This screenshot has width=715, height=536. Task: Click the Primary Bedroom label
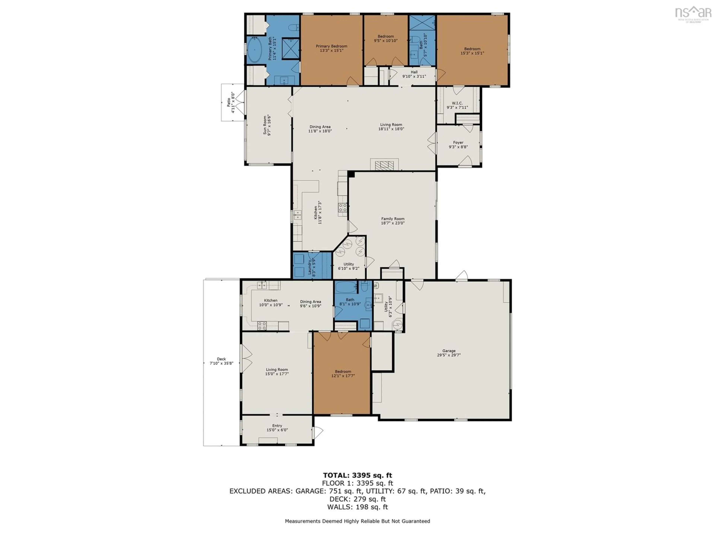click(x=331, y=48)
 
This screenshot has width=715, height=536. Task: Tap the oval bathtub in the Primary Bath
click(x=255, y=50)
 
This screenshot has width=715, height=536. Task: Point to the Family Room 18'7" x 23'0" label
click(x=393, y=221)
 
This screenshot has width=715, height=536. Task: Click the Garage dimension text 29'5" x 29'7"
click(x=449, y=355)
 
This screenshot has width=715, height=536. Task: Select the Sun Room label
click(x=267, y=125)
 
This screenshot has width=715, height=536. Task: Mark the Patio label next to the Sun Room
click(x=231, y=102)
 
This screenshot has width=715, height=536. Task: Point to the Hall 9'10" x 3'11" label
click(x=414, y=74)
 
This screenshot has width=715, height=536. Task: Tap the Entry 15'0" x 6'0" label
click(x=277, y=427)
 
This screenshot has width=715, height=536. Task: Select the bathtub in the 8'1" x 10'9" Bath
click(x=345, y=287)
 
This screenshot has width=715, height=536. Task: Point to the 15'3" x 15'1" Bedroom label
click(x=472, y=51)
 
